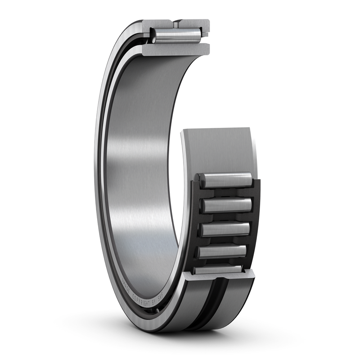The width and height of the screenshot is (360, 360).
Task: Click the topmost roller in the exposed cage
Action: coord(226,180)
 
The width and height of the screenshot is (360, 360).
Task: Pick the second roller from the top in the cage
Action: coord(226,205)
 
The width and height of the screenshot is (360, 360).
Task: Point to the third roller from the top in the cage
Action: coord(225,229)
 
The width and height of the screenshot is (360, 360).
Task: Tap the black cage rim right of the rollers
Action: coord(255,216)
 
